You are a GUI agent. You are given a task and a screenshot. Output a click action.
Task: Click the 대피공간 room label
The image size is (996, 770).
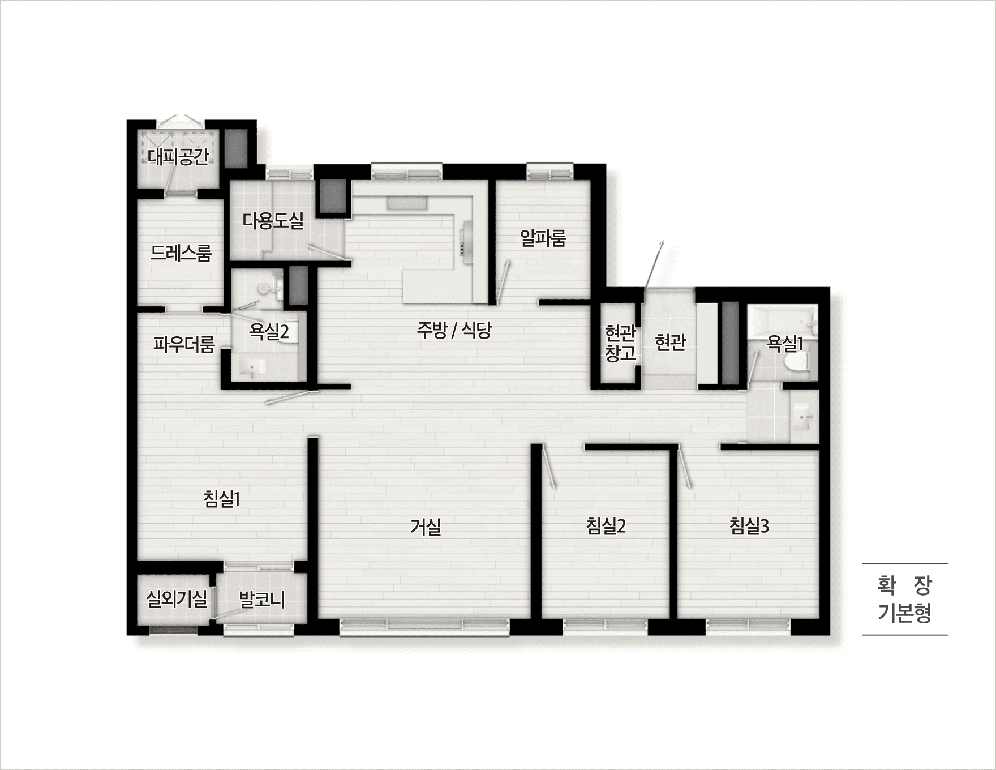tap(179, 156)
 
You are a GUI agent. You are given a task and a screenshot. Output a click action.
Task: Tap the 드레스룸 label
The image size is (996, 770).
tap(181, 253)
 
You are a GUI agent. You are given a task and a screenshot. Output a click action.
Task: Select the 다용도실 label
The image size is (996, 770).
tap(273, 220)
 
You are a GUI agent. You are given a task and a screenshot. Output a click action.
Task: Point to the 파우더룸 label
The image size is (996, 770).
tap(184, 344)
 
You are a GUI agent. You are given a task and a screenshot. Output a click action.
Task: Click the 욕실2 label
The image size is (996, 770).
tap(269, 331)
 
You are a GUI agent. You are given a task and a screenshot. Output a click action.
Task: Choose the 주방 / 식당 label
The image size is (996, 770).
tap(454, 330)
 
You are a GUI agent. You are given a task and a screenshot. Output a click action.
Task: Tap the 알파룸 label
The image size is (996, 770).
tap(543, 238)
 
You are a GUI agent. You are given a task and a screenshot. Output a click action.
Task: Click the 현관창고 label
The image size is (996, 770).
tap(620, 343)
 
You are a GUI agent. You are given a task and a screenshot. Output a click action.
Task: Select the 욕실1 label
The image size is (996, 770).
tap(785, 342)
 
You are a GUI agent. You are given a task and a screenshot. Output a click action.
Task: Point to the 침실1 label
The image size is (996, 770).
tap(222, 499)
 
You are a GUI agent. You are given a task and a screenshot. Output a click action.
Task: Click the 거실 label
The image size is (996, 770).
tap(426, 527)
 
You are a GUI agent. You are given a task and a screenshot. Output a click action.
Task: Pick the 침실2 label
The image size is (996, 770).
tap(606, 526)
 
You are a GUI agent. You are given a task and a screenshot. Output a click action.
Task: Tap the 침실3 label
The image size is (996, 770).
tap(749, 526)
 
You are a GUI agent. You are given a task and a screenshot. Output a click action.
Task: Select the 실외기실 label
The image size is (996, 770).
tap(177, 598)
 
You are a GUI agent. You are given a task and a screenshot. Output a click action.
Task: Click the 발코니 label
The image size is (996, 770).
tap(262, 599)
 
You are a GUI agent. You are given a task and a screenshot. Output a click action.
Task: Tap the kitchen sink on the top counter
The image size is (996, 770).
tap(407, 203)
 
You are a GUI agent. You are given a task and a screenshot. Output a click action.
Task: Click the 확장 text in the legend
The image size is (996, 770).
tap(904, 585)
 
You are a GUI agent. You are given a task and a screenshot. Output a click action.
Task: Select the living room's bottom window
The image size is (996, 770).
tap(424, 626)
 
